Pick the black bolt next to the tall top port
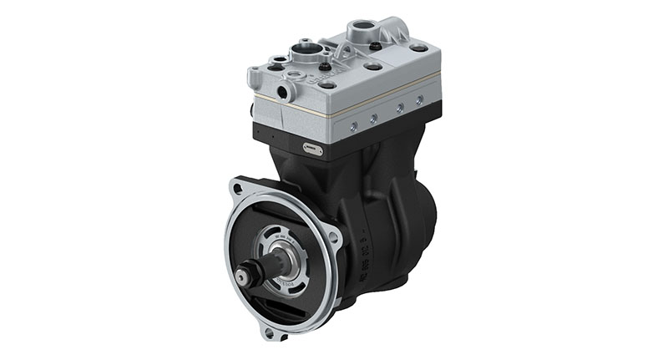(x=375, y=45)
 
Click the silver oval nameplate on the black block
(x=312, y=149)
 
